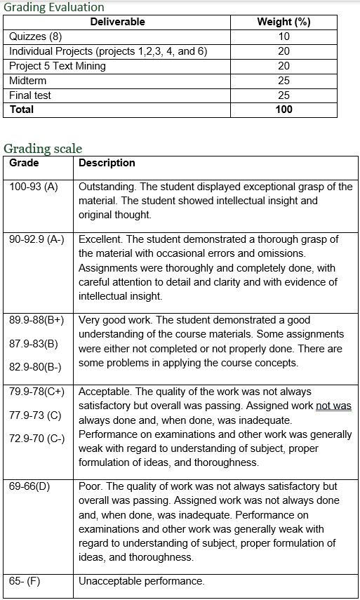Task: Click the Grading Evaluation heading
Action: point(54,7)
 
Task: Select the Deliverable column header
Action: point(117,22)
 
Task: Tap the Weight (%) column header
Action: point(284,22)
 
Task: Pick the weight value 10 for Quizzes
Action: point(284,36)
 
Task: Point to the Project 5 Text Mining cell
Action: point(58,66)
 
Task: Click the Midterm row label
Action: point(27,81)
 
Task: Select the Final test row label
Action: point(30,95)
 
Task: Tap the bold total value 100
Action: point(284,109)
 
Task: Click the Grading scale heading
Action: point(43,148)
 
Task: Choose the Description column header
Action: point(107,163)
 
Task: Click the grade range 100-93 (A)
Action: point(34,187)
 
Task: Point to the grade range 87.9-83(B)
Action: point(34,344)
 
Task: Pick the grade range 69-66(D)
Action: point(30,486)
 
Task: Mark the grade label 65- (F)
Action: point(25,581)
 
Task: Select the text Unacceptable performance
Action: point(141,581)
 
